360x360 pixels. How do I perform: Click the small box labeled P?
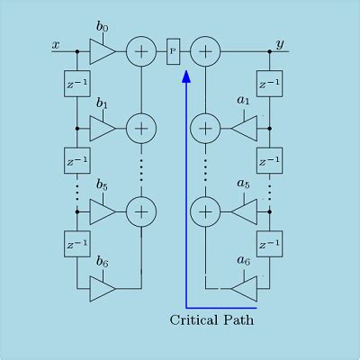click(x=174, y=51)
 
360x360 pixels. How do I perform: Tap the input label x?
click(x=56, y=45)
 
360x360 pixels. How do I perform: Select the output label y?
click(x=280, y=45)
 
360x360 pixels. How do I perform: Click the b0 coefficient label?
click(x=103, y=27)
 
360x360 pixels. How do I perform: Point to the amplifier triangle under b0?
click(x=103, y=51)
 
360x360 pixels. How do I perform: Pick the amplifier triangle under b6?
click(x=103, y=289)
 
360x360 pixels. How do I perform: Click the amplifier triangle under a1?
click(x=245, y=129)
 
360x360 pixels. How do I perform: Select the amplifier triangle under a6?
click(x=245, y=289)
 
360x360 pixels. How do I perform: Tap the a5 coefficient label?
click(x=243, y=183)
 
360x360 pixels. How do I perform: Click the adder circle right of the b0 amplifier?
click(x=141, y=51)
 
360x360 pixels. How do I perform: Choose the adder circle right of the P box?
click(x=205, y=51)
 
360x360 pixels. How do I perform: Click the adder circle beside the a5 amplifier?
click(x=205, y=211)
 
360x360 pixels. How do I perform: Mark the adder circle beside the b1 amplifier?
click(x=141, y=129)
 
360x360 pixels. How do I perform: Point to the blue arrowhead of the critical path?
click(x=186, y=76)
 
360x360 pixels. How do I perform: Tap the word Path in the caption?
click(x=238, y=319)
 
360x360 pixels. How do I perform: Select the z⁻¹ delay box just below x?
click(x=77, y=84)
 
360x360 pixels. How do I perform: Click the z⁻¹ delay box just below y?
click(x=269, y=84)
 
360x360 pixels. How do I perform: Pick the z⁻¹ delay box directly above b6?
click(x=77, y=244)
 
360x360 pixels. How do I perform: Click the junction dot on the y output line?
click(x=269, y=51)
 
